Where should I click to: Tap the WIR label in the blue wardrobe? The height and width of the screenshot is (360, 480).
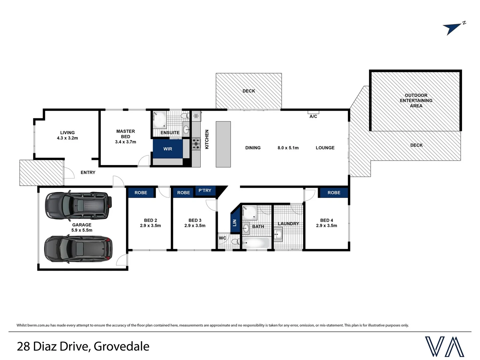168,149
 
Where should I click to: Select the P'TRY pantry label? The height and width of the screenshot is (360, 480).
205,191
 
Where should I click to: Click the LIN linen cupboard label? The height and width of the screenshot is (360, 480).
235,222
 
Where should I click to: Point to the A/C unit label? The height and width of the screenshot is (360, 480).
313,116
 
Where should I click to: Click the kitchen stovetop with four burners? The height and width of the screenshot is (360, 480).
196,144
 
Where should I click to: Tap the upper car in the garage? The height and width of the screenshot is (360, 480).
78,205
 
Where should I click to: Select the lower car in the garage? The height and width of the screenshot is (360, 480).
78,249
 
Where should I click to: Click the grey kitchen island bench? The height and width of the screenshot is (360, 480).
223,144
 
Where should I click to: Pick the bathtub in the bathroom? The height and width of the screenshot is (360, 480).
256,243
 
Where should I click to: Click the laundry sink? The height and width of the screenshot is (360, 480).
278,235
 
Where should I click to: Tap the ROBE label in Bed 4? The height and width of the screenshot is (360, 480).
334,193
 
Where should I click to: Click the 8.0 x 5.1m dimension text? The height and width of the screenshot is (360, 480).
288,148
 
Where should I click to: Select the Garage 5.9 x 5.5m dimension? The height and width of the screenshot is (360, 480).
82,230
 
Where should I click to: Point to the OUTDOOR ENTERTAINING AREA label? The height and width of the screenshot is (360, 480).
416,100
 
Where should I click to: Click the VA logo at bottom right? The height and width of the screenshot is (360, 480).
444,347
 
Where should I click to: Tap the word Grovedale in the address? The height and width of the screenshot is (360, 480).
121,346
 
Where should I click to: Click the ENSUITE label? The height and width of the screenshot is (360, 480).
170,133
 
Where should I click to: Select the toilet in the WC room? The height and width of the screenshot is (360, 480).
235,242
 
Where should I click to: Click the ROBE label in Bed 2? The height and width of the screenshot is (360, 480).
141,193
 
